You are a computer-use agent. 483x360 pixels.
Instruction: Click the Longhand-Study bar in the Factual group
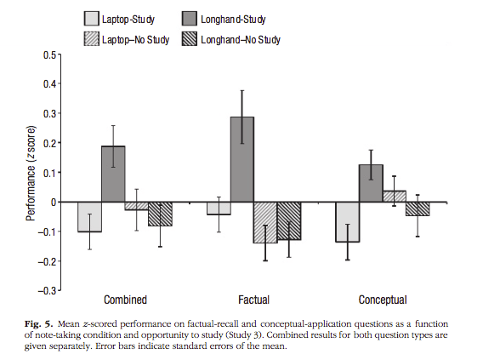coord(241,159)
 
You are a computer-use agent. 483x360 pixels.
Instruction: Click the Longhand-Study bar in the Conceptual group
coord(370,183)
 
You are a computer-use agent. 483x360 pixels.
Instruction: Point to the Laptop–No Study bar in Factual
coord(265,222)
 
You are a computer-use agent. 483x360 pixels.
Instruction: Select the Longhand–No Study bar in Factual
coord(289,221)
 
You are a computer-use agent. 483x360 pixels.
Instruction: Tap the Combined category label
coord(125,300)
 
